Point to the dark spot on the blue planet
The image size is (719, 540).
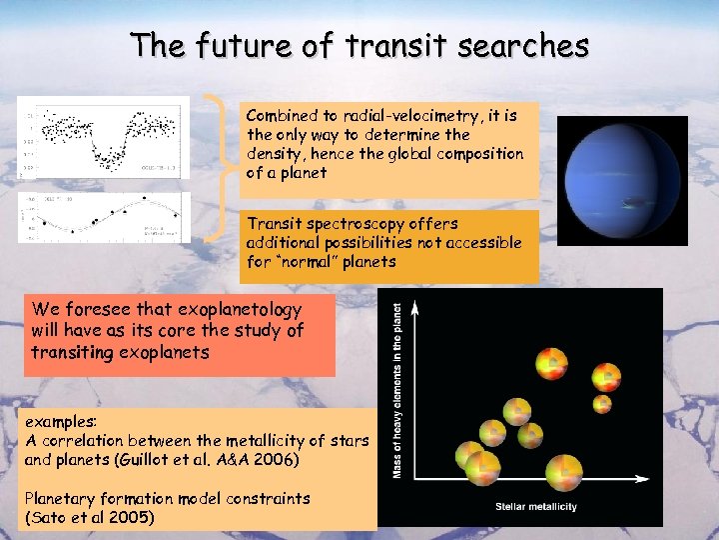(x=632, y=203)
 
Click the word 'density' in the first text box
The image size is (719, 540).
(x=277, y=154)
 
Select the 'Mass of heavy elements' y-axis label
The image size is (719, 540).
(x=398, y=390)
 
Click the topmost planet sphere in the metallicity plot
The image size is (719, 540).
(x=551, y=362)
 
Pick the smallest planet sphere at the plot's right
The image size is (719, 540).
(x=602, y=403)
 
